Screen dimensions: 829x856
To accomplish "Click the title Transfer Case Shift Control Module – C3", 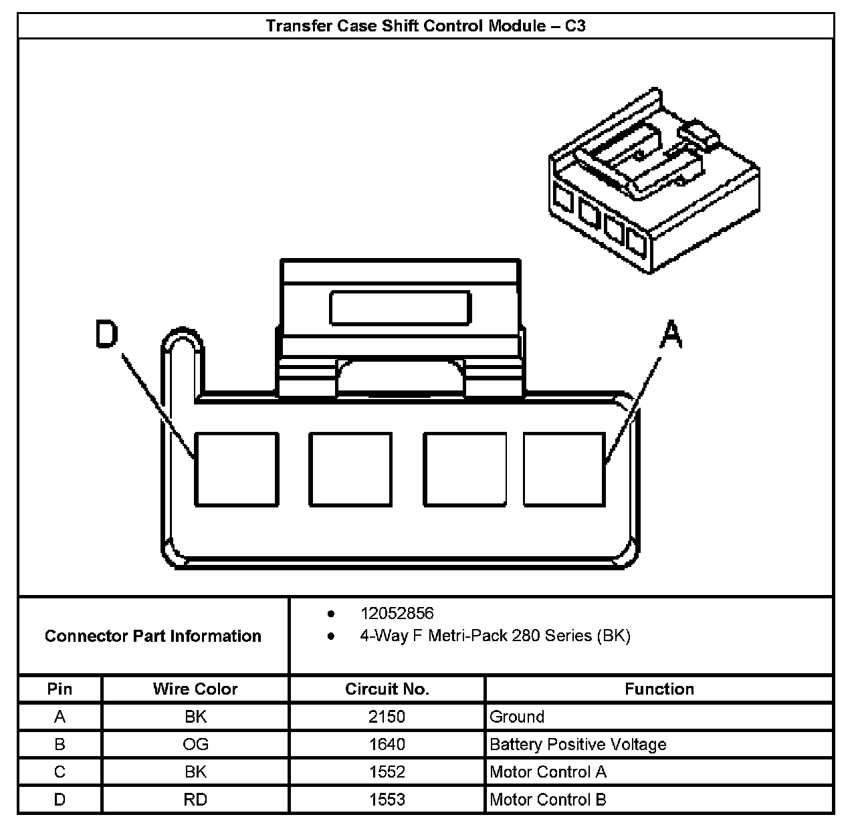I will tap(426, 26).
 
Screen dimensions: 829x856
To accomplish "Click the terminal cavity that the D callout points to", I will tap(236, 469).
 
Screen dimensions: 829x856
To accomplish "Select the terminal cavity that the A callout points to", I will tap(564, 469).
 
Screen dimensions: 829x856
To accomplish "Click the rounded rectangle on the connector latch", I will tap(401, 308).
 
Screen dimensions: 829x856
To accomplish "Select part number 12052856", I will tap(397, 613).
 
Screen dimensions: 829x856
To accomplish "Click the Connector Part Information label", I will tap(153, 636).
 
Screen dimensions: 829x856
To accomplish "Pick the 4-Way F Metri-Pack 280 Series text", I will tap(495, 635).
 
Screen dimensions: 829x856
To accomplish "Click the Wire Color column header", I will tap(195, 689).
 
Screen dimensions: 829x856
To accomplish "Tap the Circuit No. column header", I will tap(387, 689).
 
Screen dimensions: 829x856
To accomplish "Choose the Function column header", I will tap(659, 689).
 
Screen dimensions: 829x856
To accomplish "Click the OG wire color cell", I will tap(195, 744).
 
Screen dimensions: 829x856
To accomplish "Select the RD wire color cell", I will tap(195, 800).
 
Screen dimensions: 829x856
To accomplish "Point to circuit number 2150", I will tap(387, 717).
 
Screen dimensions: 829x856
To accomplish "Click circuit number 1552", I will tap(387, 772).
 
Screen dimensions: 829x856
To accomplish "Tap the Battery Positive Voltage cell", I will tap(578, 744).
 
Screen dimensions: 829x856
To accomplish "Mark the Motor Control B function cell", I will tap(548, 800).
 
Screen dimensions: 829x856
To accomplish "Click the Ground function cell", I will tap(517, 717).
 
